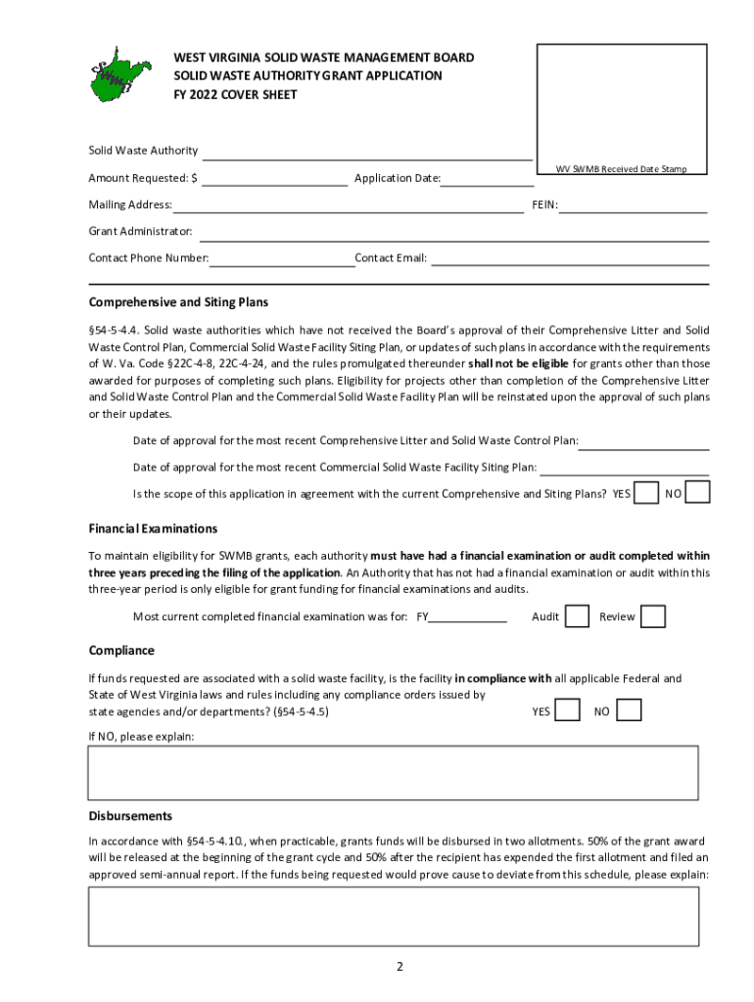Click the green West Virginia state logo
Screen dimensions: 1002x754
(x=121, y=74)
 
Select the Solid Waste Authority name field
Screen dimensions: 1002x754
(x=366, y=152)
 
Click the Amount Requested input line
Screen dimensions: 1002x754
(x=273, y=178)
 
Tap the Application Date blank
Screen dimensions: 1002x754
(x=487, y=178)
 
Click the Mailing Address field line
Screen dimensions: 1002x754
(x=348, y=205)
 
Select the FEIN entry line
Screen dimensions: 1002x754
(x=634, y=205)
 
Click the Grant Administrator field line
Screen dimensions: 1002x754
(x=453, y=233)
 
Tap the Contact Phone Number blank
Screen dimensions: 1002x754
(x=282, y=258)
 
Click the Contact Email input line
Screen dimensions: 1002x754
(x=570, y=258)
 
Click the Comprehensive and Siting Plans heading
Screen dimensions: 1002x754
(x=178, y=302)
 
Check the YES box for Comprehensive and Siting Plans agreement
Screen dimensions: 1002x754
(x=646, y=493)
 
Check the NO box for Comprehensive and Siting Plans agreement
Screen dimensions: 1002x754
(x=698, y=493)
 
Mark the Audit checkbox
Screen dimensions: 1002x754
(x=578, y=616)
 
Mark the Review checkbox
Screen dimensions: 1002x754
(x=653, y=616)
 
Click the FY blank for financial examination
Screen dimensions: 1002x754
(x=468, y=617)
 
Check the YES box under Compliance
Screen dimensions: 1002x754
(x=567, y=711)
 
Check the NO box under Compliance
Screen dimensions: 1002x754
(x=629, y=711)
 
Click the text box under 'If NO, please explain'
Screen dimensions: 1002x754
(x=394, y=773)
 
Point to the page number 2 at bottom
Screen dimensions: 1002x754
(x=400, y=967)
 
